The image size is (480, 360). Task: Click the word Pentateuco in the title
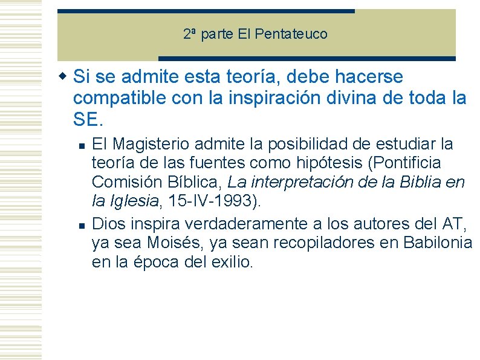tap(291, 34)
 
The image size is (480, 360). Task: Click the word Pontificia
tap(406, 163)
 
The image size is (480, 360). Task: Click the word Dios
tap(107, 224)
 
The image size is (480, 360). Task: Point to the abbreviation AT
tap(453, 224)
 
